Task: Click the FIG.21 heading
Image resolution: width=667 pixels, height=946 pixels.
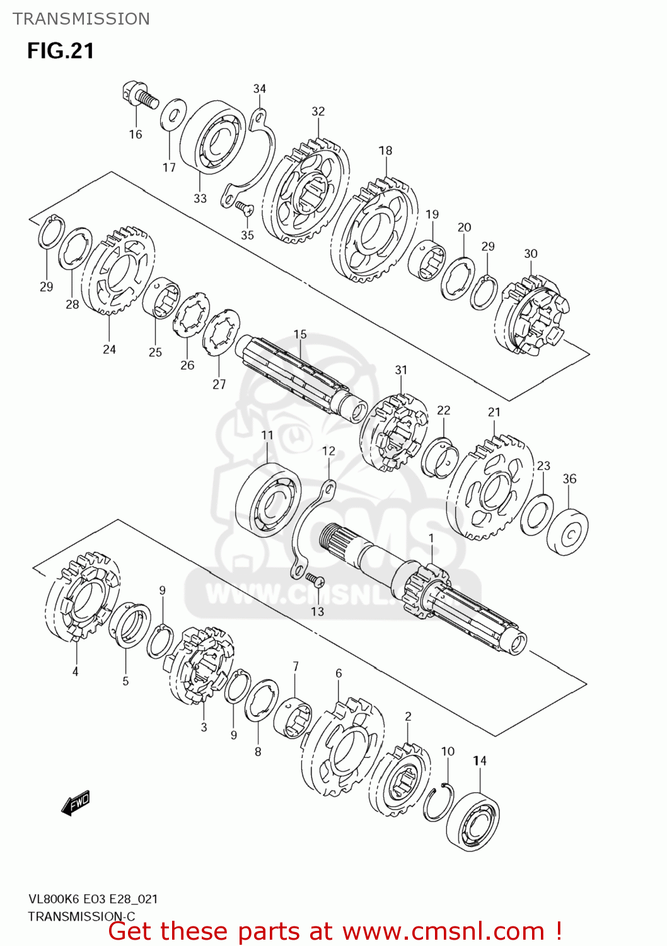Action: [x=61, y=51]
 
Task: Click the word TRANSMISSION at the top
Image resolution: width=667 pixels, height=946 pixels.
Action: [x=81, y=19]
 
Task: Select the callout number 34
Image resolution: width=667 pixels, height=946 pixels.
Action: [x=260, y=89]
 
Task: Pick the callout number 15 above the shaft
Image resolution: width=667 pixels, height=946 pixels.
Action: [x=300, y=334]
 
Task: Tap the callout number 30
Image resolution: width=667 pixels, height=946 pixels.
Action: [x=531, y=254]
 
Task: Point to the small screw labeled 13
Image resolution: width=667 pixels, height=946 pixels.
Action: [x=315, y=578]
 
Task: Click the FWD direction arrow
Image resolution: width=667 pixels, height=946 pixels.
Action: [x=76, y=803]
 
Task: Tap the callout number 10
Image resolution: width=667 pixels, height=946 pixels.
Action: [x=448, y=751]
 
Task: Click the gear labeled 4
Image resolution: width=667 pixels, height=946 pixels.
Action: [x=83, y=597]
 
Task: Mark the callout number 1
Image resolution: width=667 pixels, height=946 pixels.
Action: [x=431, y=538]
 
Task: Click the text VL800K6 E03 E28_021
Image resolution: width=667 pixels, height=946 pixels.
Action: [x=93, y=899]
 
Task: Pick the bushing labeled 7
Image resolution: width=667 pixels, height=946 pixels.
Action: [x=293, y=718]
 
